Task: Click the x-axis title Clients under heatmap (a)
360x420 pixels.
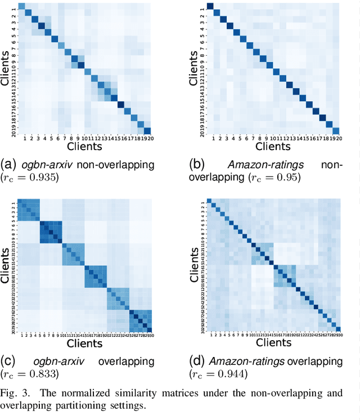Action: click(x=84, y=146)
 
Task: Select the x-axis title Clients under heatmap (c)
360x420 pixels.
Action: click(x=84, y=342)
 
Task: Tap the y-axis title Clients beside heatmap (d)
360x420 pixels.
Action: click(x=193, y=265)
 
